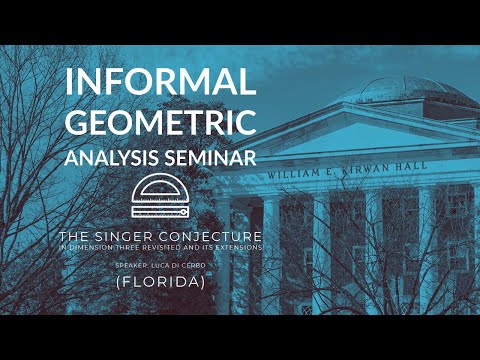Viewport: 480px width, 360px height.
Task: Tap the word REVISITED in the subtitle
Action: pyautogui.click(x=171, y=246)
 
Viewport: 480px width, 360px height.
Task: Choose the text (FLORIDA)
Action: pyautogui.click(x=161, y=283)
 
